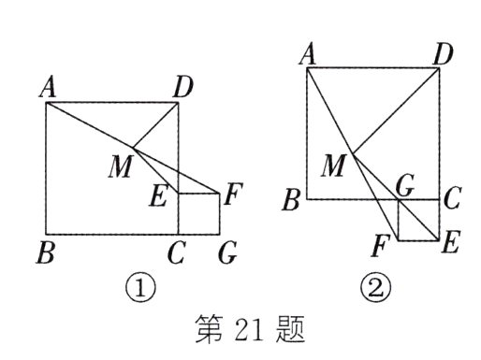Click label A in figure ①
45,88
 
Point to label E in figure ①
160,196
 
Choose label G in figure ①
226,254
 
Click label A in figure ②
306,54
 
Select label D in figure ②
444,54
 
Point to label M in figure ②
332,166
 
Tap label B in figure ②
293,199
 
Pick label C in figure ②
452,198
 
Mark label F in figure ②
380,248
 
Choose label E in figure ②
449,246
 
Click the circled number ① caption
139,288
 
